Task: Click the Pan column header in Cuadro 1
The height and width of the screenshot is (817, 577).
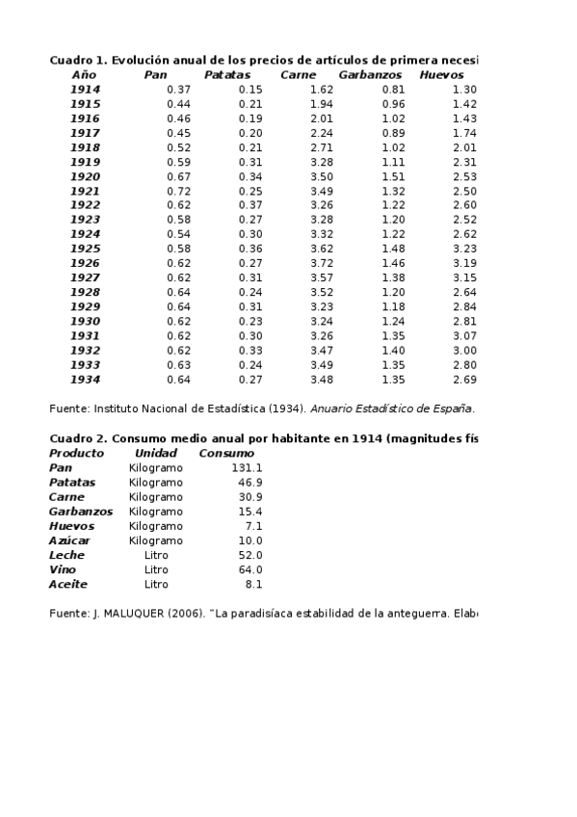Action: click(x=155, y=74)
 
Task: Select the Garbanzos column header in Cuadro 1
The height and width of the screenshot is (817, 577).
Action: click(x=370, y=74)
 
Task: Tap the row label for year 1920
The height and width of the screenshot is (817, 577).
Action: click(x=85, y=176)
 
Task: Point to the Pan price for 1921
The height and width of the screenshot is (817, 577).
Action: click(x=178, y=191)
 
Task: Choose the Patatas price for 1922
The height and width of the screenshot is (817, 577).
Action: click(x=250, y=205)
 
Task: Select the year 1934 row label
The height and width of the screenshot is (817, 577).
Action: click(x=85, y=379)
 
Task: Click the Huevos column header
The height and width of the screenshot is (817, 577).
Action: click(x=441, y=74)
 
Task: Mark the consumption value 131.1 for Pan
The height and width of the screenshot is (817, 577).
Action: click(x=247, y=467)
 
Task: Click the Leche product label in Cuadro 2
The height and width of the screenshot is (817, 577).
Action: click(x=66, y=555)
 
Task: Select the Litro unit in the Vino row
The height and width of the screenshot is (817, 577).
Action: click(x=156, y=569)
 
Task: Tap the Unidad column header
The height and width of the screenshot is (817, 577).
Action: click(x=156, y=453)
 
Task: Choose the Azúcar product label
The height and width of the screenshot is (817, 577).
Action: click(x=69, y=540)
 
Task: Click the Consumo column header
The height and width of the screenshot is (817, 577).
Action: click(x=226, y=453)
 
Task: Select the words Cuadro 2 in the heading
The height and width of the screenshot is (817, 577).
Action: click(x=77, y=438)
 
